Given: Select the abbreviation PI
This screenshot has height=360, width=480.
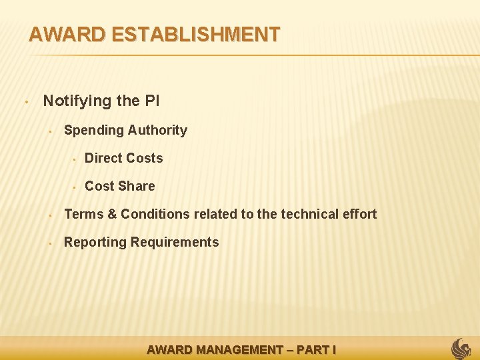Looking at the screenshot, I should tap(151, 101).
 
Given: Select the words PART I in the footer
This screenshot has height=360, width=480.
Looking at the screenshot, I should tap(316, 349).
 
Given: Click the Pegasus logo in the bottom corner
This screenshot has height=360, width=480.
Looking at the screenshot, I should tap(461, 348).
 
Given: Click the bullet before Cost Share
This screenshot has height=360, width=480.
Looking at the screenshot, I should tap(75, 187).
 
